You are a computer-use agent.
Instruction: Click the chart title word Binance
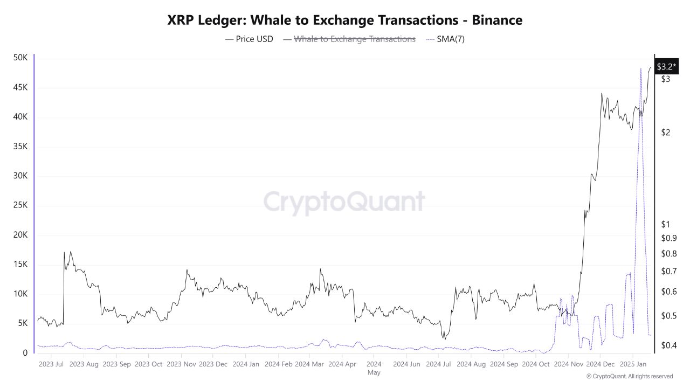(x=497, y=20)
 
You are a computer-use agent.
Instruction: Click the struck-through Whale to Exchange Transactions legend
(x=354, y=39)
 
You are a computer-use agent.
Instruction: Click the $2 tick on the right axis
(x=666, y=133)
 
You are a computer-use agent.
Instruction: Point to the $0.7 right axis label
(x=668, y=271)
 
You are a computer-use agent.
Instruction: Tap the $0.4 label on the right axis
(x=668, y=345)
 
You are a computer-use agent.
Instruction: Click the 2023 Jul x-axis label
(x=51, y=364)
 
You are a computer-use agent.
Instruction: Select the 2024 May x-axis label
(x=374, y=368)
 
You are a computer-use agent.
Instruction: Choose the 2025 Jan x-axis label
(x=634, y=364)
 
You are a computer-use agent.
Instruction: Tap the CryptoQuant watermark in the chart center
(x=344, y=202)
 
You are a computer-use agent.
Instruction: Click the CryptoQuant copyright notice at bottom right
(x=629, y=376)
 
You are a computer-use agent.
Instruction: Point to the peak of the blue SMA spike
(x=640, y=68)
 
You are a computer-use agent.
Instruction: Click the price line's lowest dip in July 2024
(x=444, y=339)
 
